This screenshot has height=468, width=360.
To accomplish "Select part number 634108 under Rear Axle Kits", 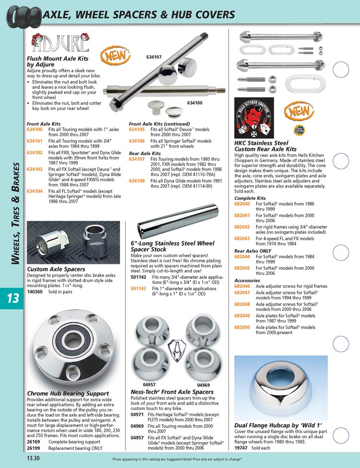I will [x=137, y=182].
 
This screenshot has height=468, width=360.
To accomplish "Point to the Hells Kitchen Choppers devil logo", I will [x=252, y=118].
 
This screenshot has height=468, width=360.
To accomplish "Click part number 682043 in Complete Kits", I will [x=242, y=238].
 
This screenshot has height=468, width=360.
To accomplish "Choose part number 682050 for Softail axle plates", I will [x=242, y=327].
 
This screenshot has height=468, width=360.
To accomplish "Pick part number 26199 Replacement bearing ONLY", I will [x=33, y=448].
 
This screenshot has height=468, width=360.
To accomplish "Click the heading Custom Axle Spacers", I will [x=56, y=270].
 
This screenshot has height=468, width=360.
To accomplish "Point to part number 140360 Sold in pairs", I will [x=35, y=291].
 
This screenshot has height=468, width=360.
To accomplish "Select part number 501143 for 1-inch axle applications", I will [x=138, y=288].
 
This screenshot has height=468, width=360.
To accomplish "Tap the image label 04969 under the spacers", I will [x=204, y=384].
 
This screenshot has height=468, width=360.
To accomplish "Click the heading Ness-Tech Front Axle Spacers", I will [x=172, y=392].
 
